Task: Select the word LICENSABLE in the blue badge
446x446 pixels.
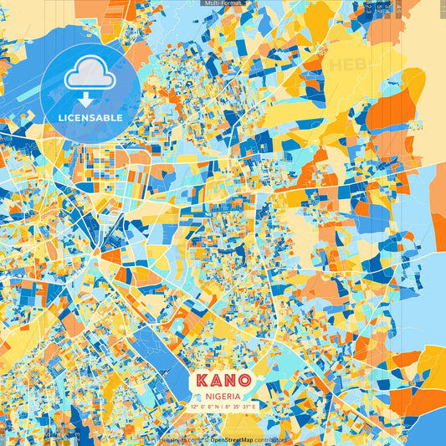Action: click(90, 118)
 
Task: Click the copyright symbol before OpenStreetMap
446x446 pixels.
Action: click(205, 438)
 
